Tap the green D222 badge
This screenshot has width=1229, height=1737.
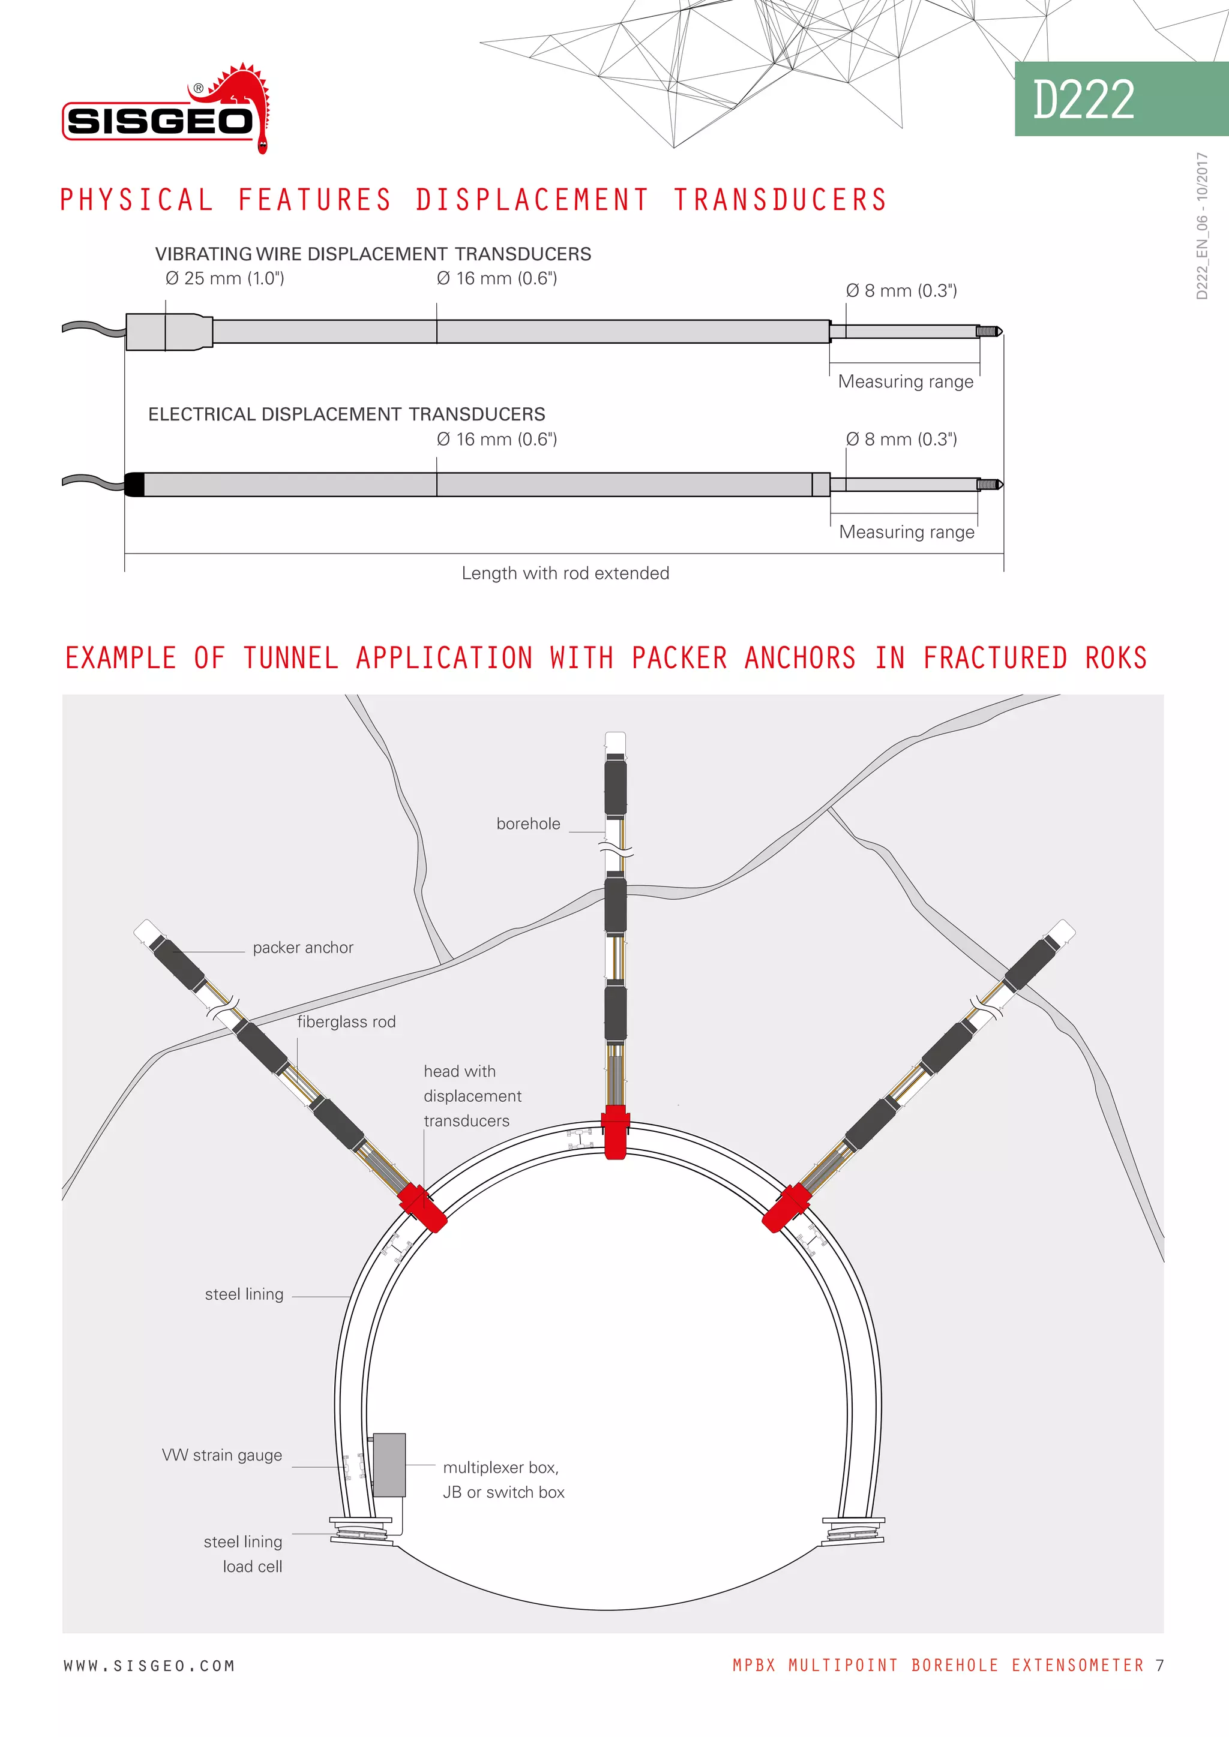pyautogui.click(x=1120, y=99)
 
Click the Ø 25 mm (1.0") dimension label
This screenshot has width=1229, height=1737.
pyautogui.click(x=225, y=278)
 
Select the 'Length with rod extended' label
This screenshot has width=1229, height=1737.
pyautogui.click(x=565, y=573)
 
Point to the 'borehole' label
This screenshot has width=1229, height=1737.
pyautogui.click(x=528, y=824)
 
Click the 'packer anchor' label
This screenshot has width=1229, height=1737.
pyautogui.click(x=302, y=948)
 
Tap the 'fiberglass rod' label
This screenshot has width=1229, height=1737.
pyautogui.click(x=346, y=1022)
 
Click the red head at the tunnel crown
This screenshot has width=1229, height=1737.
pyautogui.click(x=616, y=1131)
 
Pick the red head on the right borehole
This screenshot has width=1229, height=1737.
pyautogui.click(x=787, y=1208)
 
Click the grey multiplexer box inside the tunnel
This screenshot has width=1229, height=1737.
pyautogui.click(x=389, y=1465)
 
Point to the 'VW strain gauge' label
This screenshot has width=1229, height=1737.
pyautogui.click(x=221, y=1456)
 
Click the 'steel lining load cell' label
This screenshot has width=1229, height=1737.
pyautogui.click(x=244, y=1554)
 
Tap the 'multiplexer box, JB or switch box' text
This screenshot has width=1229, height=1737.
pyautogui.click(x=503, y=1480)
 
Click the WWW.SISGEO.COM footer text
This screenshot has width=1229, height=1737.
pyautogui.click(x=149, y=1666)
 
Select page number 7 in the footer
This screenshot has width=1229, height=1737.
pyautogui.click(x=1159, y=1665)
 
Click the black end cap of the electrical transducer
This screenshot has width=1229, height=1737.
pyautogui.click(x=134, y=484)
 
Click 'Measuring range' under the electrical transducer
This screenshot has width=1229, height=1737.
pyautogui.click(x=907, y=532)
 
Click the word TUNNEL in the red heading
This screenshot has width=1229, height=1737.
pyautogui.click(x=290, y=658)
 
